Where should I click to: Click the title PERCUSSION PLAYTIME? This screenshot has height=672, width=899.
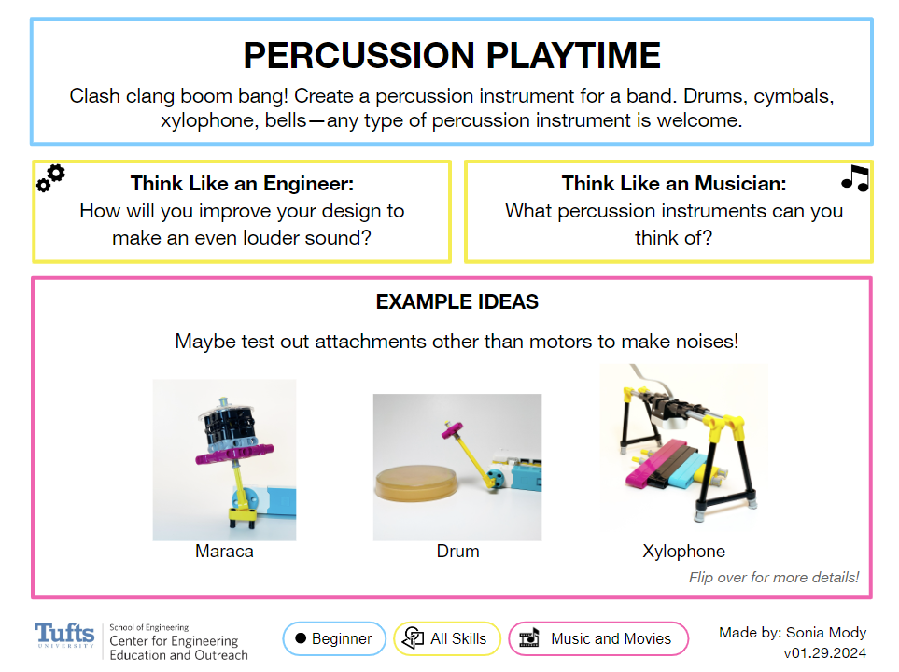tap(452, 55)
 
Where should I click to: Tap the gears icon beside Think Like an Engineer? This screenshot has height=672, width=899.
tap(50, 178)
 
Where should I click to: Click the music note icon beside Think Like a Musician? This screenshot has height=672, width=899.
tap(855, 178)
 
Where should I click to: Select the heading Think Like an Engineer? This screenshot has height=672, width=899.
tap(242, 184)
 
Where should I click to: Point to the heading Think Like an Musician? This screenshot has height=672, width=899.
tap(674, 184)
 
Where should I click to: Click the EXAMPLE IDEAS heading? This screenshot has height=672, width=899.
tap(457, 301)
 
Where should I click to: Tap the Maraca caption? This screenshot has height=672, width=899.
tap(224, 551)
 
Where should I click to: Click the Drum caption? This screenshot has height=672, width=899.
tap(457, 551)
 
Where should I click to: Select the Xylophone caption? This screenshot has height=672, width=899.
tap(684, 551)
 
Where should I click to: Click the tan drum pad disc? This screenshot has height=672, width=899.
tap(416, 483)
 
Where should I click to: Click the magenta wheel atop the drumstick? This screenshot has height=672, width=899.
tap(453, 429)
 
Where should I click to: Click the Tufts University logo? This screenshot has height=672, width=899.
tap(64, 636)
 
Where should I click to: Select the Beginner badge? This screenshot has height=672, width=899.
tap(334, 638)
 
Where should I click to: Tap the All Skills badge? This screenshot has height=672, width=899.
tap(446, 638)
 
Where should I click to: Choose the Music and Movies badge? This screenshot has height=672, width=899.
tap(598, 638)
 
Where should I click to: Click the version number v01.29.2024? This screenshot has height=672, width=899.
tap(824, 653)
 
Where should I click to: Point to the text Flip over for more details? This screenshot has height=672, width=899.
tap(774, 577)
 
